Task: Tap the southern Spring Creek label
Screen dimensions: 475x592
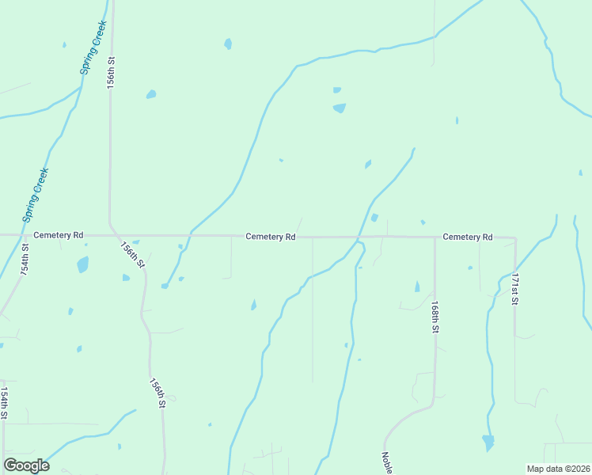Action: click(x=36, y=194)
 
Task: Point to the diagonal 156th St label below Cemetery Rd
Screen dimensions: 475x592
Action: click(x=132, y=255)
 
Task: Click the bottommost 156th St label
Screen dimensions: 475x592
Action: click(x=157, y=393)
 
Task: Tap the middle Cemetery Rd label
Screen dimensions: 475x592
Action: click(x=270, y=237)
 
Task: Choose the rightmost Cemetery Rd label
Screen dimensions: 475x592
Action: click(x=468, y=237)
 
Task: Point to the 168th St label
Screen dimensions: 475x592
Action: click(x=435, y=315)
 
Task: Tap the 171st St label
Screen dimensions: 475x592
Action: click(x=514, y=290)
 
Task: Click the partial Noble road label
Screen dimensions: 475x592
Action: click(x=387, y=463)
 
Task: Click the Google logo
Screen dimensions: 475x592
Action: click(x=27, y=465)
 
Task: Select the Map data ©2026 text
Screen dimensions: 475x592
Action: click(x=558, y=469)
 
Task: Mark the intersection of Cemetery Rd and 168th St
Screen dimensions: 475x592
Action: click(x=435, y=237)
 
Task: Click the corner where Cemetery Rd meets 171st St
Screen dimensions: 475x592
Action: click(x=515, y=237)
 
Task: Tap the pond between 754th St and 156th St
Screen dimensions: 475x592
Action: click(x=82, y=264)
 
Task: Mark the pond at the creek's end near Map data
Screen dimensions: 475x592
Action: click(x=488, y=442)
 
